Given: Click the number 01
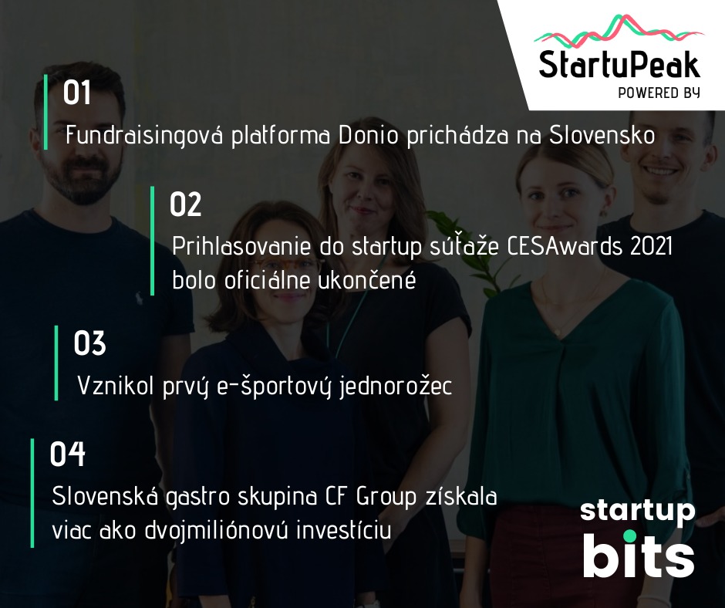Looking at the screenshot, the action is [77, 93].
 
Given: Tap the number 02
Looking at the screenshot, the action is [185, 204].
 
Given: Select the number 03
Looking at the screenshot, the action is [89, 343].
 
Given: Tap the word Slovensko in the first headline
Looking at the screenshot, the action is [602, 136].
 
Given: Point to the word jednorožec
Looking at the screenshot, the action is [396, 386].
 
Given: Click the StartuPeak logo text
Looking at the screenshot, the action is [619, 65].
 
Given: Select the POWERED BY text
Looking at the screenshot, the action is [659, 93].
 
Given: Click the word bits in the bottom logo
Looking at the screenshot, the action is [639, 558].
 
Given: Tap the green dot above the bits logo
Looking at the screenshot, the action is [630, 536].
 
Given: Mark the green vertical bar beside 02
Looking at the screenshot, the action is [152, 241].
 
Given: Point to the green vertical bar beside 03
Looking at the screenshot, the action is [56, 363].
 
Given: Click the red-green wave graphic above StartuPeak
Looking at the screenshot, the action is [619, 32].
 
